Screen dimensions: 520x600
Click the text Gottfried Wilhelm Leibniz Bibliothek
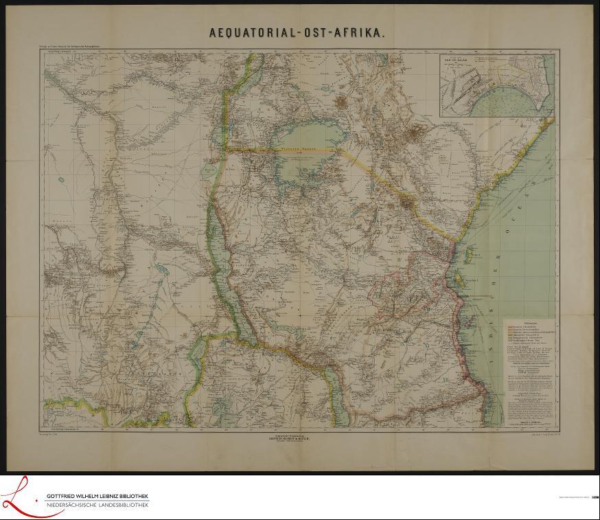tap(96, 496)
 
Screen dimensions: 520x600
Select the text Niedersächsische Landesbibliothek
tap(96, 506)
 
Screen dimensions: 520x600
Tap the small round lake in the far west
tap(60, 180)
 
